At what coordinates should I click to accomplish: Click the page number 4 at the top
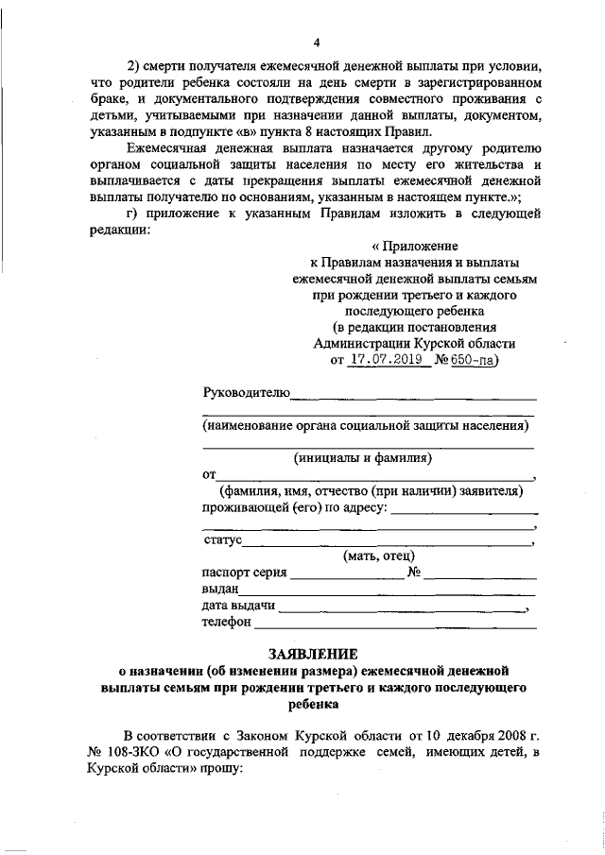pos(318,43)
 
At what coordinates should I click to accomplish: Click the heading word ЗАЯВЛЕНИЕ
pos(312,653)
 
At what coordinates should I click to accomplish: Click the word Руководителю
pos(246,392)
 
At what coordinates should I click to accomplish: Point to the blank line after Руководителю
pos(413,395)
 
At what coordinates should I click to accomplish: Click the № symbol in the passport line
pos(413,573)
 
